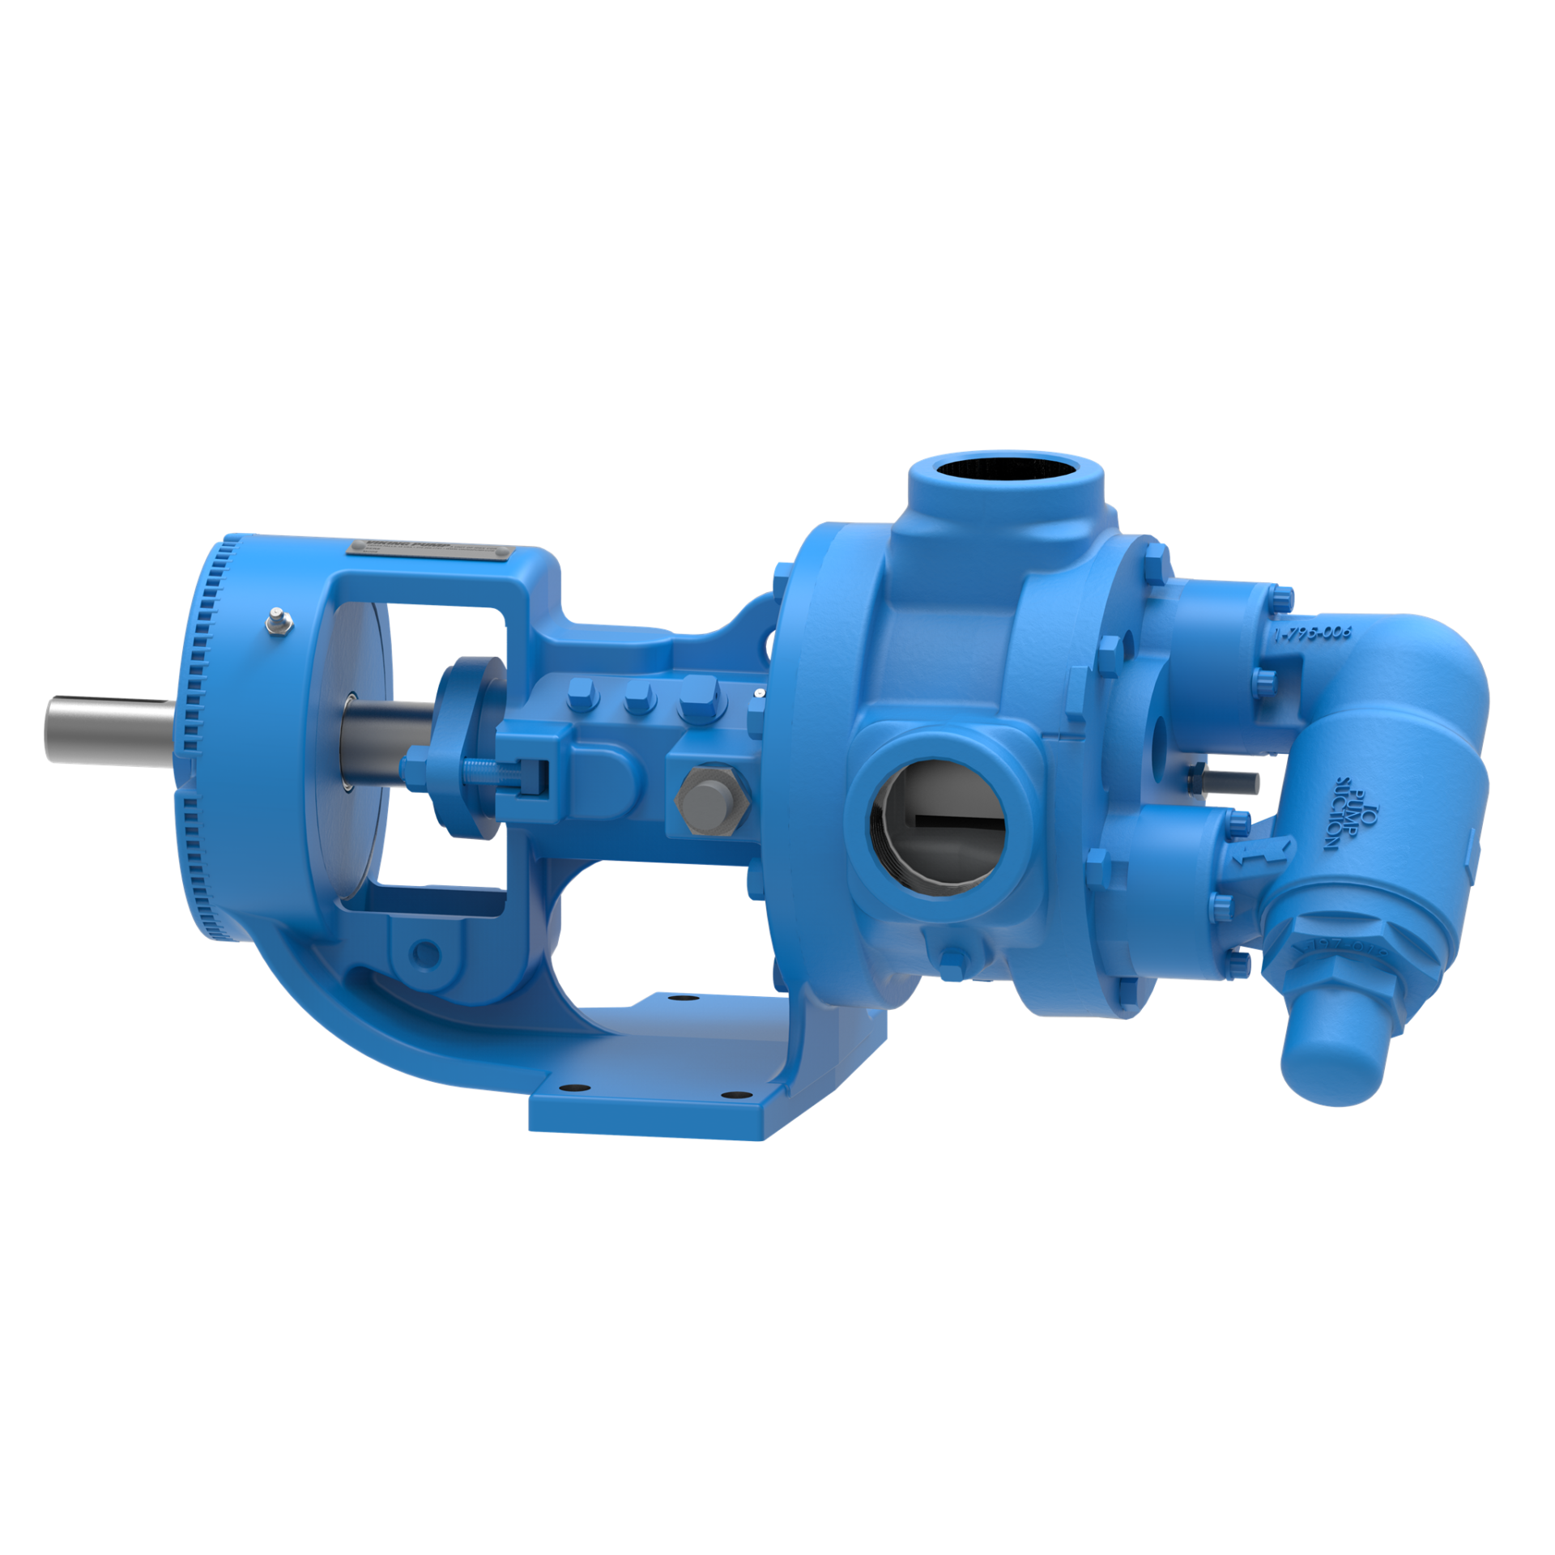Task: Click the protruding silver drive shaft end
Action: coord(105,729)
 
